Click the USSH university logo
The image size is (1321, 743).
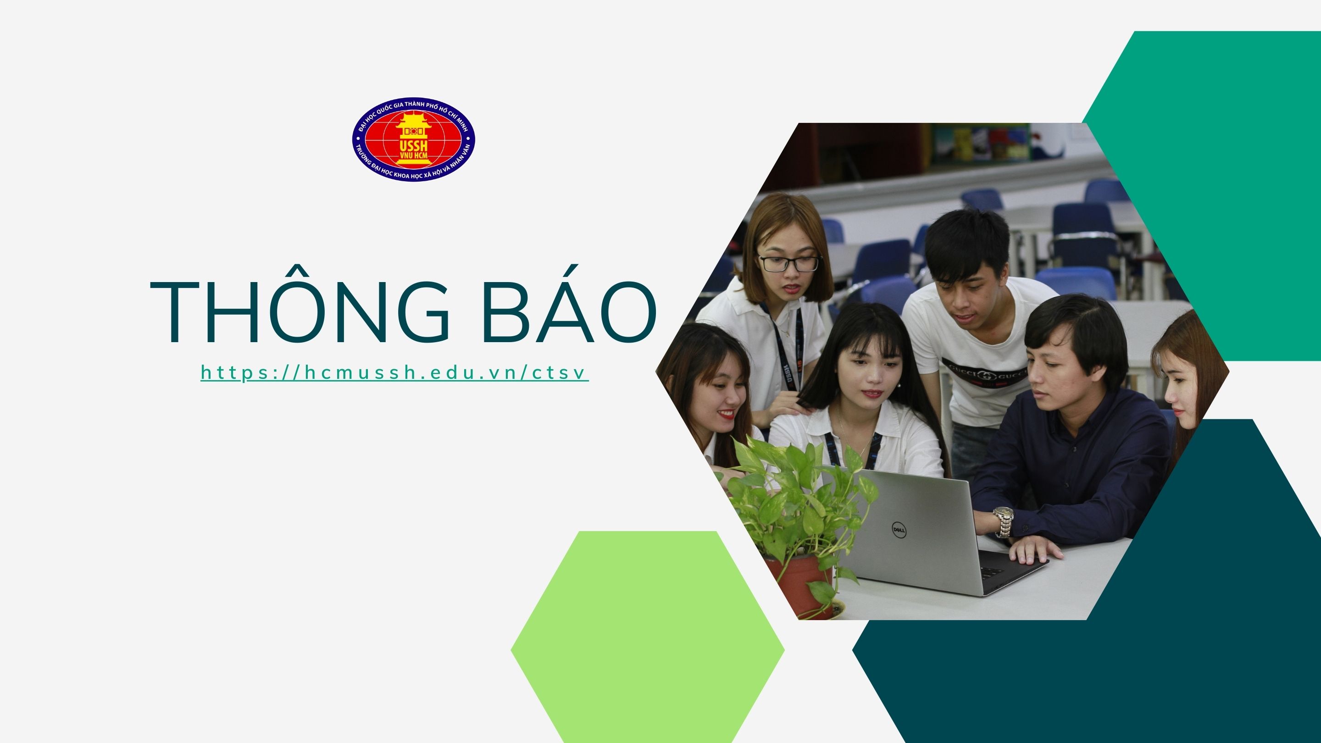pyautogui.click(x=413, y=139)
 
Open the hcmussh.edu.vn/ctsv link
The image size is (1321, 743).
pyautogui.click(x=394, y=372)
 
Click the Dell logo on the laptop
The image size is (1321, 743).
pyautogui.click(x=898, y=528)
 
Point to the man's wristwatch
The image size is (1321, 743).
pyautogui.click(x=1003, y=521)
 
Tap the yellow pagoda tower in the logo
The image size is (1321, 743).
pyautogui.click(x=413, y=139)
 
